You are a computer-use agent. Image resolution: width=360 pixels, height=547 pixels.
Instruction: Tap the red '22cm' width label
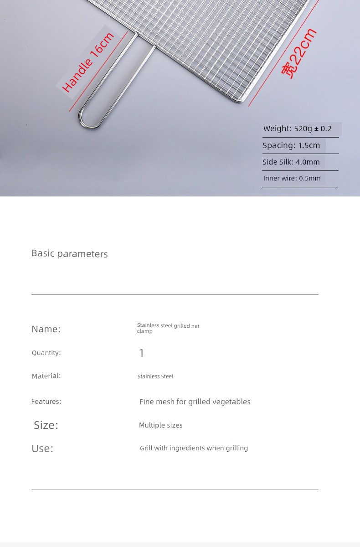click(x=298, y=54)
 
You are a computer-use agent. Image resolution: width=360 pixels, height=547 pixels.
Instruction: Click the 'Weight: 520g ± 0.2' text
click(x=297, y=129)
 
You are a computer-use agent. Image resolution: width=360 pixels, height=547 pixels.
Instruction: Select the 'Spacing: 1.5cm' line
click(x=291, y=146)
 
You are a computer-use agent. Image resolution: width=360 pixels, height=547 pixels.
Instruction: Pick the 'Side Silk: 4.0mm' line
click(x=291, y=162)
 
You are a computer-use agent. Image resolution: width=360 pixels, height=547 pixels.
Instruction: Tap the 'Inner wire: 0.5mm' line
click(x=292, y=178)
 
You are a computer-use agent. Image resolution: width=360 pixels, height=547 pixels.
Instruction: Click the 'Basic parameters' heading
click(x=70, y=254)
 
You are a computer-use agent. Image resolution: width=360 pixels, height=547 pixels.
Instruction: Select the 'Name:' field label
click(x=46, y=329)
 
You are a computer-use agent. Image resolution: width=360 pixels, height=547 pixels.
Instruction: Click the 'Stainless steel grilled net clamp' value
click(x=168, y=328)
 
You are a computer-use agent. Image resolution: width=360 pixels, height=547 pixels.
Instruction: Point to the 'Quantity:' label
click(x=46, y=353)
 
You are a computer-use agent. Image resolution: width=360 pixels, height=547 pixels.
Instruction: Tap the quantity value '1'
click(x=141, y=353)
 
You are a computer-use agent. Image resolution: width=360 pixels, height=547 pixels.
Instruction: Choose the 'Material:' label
click(x=46, y=376)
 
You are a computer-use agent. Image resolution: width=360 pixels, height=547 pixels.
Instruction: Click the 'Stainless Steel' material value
click(x=155, y=377)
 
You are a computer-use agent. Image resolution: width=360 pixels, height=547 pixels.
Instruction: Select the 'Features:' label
click(x=46, y=402)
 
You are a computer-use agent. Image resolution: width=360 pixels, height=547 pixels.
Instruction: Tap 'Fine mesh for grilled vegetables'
click(x=195, y=402)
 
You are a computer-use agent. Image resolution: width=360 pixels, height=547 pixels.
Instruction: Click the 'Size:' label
click(x=46, y=425)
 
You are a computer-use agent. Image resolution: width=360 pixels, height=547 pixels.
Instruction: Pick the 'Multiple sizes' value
click(x=160, y=425)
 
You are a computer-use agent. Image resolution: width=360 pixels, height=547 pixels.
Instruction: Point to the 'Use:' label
click(x=42, y=449)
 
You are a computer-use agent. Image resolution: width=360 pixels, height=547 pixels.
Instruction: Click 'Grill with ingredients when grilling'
click(x=194, y=449)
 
